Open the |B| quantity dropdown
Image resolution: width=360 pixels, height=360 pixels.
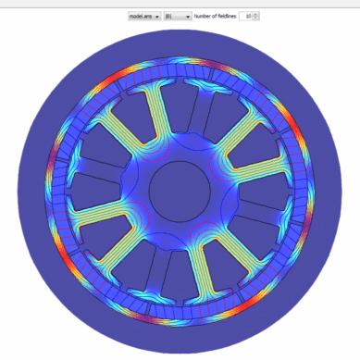tap(176, 16)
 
